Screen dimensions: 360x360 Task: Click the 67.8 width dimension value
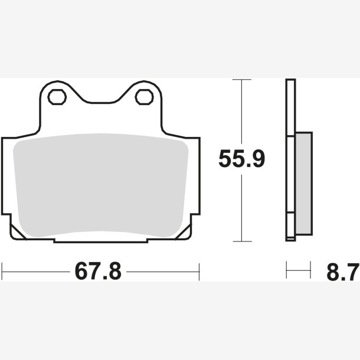[98, 271]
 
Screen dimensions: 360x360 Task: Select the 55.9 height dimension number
[242, 159]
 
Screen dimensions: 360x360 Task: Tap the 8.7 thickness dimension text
[343, 272]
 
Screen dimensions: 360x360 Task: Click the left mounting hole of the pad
[57, 97]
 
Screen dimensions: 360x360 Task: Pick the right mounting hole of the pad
[144, 97]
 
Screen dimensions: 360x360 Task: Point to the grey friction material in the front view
[101, 185]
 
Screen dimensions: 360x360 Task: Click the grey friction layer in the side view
[304, 184]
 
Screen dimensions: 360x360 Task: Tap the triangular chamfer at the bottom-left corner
[17, 233]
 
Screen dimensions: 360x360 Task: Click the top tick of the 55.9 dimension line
[242, 80]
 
